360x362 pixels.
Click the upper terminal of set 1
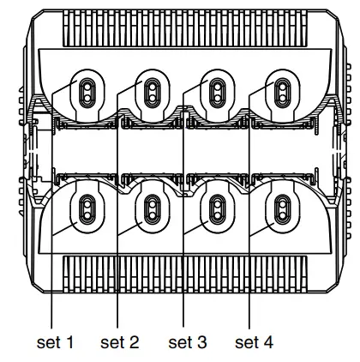point(87,89)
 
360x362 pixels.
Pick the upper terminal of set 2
point(153,89)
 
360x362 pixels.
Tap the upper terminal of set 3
point(217,89)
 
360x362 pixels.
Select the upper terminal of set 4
point(281,89)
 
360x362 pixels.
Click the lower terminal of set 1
point(87,207)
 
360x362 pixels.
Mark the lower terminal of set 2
point(153,207)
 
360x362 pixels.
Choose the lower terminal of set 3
point(217,207)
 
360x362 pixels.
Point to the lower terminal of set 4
point(281,207)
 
